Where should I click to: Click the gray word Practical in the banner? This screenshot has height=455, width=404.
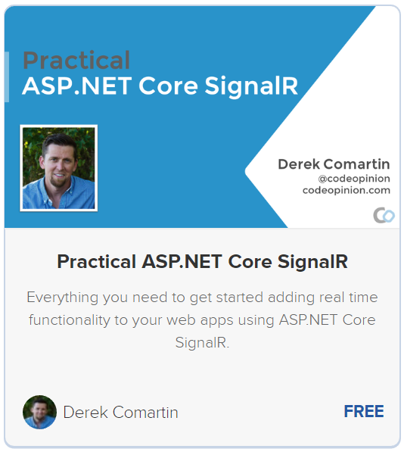[76, 61]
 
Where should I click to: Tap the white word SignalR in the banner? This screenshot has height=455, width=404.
[251, 86]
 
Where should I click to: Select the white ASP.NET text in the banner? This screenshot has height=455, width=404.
[77, 86]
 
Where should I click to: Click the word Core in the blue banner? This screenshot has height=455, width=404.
[168, 86]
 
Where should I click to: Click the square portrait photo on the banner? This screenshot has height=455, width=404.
[58, 168]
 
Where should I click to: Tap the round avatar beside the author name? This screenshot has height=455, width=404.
[39, 412]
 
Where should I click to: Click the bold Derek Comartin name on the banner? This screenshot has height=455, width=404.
[334, 164]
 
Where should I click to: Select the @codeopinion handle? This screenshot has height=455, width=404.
[354, 179]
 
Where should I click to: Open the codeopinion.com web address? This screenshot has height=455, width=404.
[347, 190]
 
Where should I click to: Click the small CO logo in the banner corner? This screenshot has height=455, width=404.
[384, 215]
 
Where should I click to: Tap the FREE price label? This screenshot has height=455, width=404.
[364, 412]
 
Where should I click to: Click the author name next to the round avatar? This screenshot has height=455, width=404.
[120, 413]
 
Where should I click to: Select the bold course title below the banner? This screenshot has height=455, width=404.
[202, 261]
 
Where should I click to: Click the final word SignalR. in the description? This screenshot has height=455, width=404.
[202, 342]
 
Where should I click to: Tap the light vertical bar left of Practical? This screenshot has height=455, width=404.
[7, 77]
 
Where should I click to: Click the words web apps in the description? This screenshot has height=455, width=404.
[200, 320]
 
